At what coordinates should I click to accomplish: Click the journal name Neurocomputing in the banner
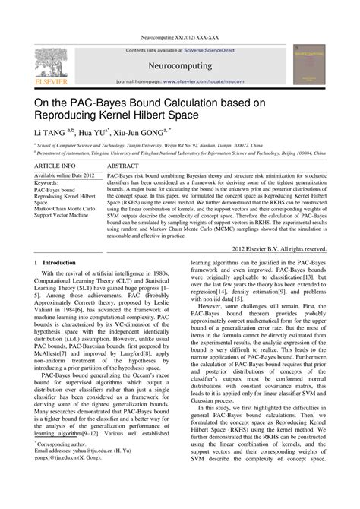[180, 66]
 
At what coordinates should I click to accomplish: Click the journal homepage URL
[205, 81]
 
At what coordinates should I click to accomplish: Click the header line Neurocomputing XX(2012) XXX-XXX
[180, 37]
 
